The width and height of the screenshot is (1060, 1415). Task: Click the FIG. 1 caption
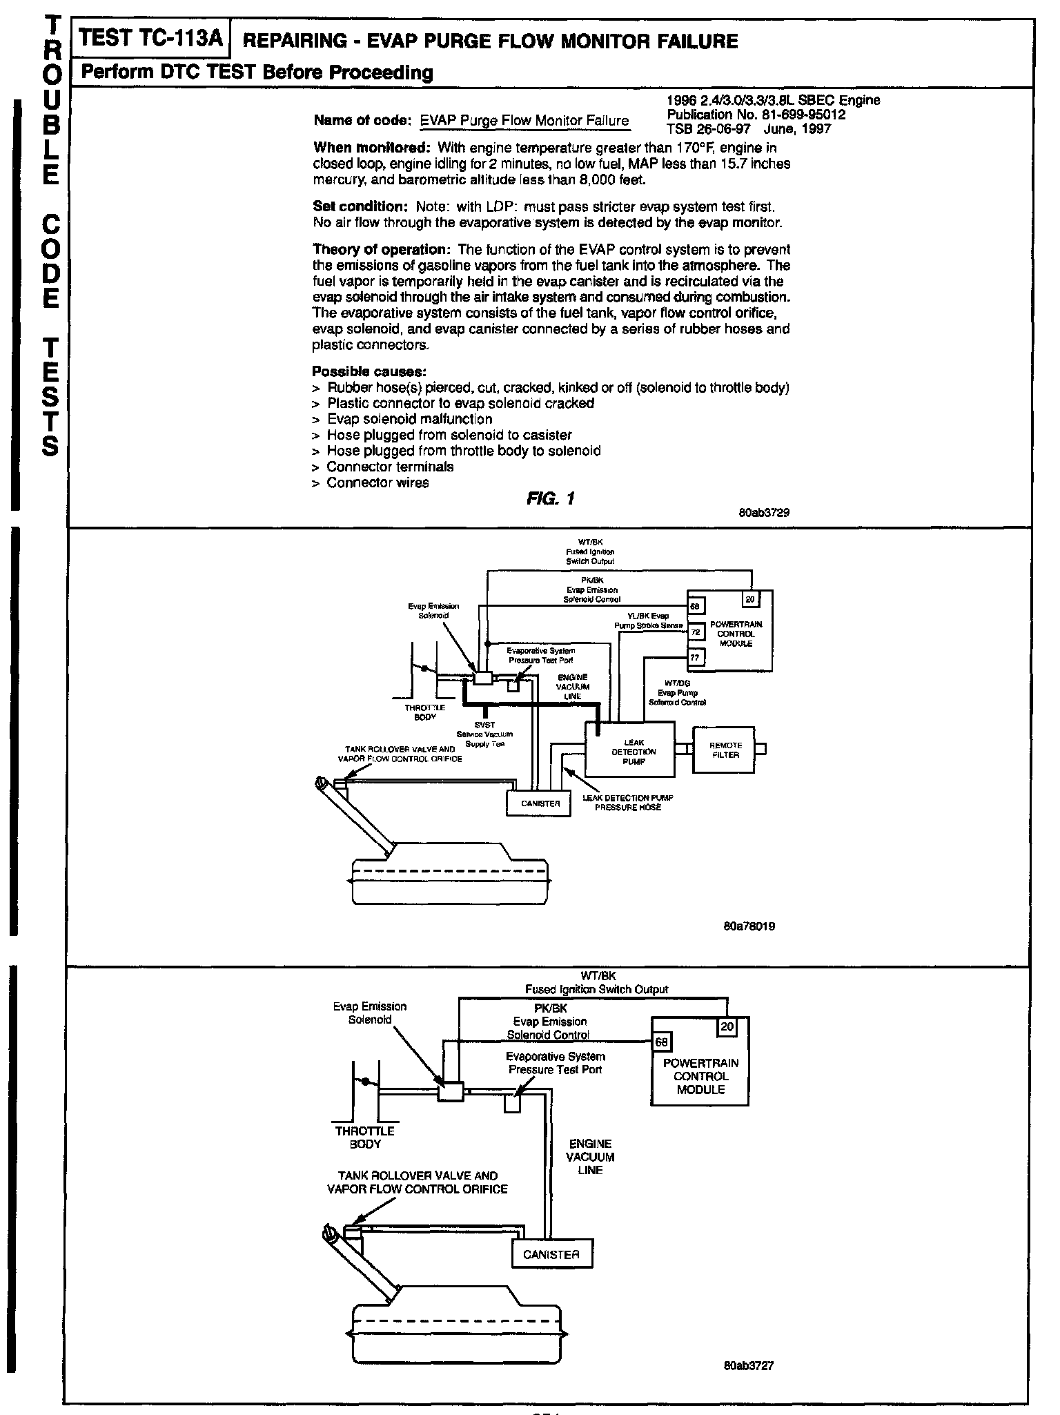pyautogui.click(x=549, y=498)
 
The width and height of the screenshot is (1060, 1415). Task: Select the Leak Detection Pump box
pyautogui.click(x=630, y=752)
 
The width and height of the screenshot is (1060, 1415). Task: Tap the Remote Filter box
pyautogui.click(x=725, y=750)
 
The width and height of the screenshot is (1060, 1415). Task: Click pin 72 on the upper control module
pyautogui.click(x=695, y=632)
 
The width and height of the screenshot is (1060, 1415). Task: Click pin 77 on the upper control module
pyautogui.click(x=695, y=658)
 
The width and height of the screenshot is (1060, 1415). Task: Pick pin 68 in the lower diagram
pyautogui.click(x=660, y=1043)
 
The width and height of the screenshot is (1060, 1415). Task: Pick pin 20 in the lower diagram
pyautogui.click(x=727, y=1026)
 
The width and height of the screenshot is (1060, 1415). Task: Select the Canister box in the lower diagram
pyautogui.click(x=551, y=1254)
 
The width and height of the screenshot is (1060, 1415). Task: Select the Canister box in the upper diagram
pyautogui.click(x=540, y=803)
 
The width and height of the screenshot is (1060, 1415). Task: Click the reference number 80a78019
pyautogui.click(x=749, y=926)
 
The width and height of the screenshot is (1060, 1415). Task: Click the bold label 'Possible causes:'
pyautogui.click(x=364, y=371)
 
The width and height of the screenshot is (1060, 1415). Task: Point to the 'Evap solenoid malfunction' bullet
pyautogui.click(x=409, y=419)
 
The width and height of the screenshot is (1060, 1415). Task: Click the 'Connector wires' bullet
pyautogui.click(x=377, y=482)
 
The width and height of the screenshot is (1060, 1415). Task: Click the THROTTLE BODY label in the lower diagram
pyautogui.click(x=364, y=1138)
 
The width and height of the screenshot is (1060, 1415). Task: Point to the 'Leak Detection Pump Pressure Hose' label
pyautogui.click(x=627, y=802)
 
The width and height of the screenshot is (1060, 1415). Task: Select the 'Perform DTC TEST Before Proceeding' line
pyautogui.click(x=257, y=72)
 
